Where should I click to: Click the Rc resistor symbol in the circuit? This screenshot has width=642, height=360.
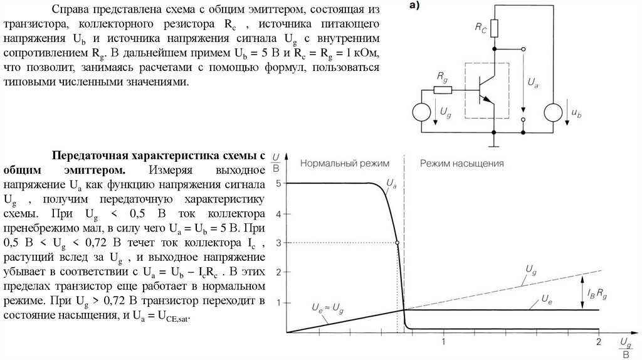pos(495,29)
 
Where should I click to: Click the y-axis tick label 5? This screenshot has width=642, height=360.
pos(278,184)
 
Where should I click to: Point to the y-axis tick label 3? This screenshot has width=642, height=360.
pos(278,243)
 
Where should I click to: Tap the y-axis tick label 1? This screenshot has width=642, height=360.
pos(278,302)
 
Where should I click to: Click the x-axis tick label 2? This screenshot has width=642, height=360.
pos(598,342)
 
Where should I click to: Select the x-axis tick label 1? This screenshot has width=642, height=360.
pos(444,342)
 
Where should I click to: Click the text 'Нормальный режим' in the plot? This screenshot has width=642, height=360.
pos(344,163)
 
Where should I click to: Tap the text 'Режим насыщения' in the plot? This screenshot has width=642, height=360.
pos(462,163)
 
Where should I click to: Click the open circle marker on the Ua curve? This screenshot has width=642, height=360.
pos(397,243)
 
